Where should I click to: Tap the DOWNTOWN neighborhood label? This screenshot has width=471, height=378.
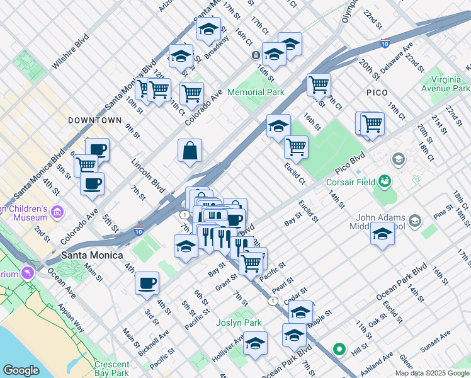94,120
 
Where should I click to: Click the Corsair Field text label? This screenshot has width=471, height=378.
350,183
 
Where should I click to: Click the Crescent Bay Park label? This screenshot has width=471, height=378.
111,369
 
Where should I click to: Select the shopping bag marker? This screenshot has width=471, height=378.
190,151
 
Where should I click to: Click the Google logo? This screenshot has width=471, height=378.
21,370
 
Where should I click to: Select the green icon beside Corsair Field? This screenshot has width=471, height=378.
384,183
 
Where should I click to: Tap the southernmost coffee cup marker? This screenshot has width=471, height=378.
147,283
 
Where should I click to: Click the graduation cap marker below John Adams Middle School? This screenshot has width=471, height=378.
382,235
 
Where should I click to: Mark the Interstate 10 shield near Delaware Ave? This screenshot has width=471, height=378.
384,43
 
